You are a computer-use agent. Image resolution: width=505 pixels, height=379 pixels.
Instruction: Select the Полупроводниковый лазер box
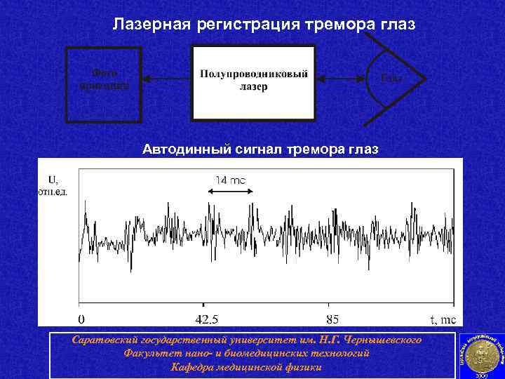tap(254, 82)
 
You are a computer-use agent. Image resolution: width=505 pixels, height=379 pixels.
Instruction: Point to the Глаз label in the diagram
tap(391, 78)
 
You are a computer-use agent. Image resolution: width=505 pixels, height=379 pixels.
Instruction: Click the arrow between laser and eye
tap(340, 78)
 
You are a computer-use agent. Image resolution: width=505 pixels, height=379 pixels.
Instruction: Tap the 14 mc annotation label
tap(229, 180)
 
